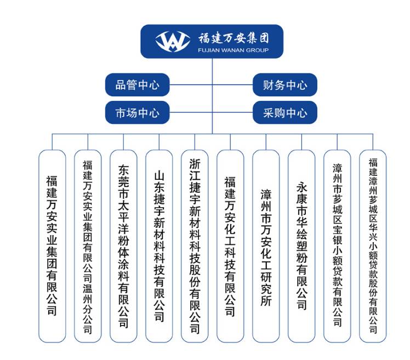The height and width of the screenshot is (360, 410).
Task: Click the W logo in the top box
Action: coord(173,41)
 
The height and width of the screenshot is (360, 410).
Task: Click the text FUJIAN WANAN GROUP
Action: coord(234,50)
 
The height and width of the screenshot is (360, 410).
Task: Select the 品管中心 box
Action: coord(137,85)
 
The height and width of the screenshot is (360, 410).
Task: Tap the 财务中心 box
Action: coord(284,85)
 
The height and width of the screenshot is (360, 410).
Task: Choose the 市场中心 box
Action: coord(137,112)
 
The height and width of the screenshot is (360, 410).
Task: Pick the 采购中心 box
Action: coord(284,112)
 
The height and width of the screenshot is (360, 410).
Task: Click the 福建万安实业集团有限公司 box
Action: coord(52,246)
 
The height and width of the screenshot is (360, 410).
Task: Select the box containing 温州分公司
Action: coord(88,246)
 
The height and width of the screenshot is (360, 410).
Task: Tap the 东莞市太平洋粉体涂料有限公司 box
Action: coord(123,246)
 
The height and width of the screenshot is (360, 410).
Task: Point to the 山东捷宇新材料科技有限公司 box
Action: coord(159,246)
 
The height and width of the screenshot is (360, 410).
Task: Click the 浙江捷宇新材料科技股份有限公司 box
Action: coord(195,246)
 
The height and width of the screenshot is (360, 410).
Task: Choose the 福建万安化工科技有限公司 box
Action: coord(230,246)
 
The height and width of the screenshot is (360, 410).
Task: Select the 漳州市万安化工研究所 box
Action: coord(266,246)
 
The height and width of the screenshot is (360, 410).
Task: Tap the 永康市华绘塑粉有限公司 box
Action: coord(301,246)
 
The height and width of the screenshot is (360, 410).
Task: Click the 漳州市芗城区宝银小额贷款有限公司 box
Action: coord(337,246)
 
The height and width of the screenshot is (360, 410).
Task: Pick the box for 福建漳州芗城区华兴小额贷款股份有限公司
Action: coord(373,246)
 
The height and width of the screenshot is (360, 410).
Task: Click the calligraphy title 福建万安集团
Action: coord(234,38)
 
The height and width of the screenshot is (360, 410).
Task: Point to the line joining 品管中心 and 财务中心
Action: coord(211,85)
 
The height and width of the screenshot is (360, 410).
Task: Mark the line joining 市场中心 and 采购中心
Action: coord(211,112)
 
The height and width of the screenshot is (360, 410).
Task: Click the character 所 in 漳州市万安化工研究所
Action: coord(266,300)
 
